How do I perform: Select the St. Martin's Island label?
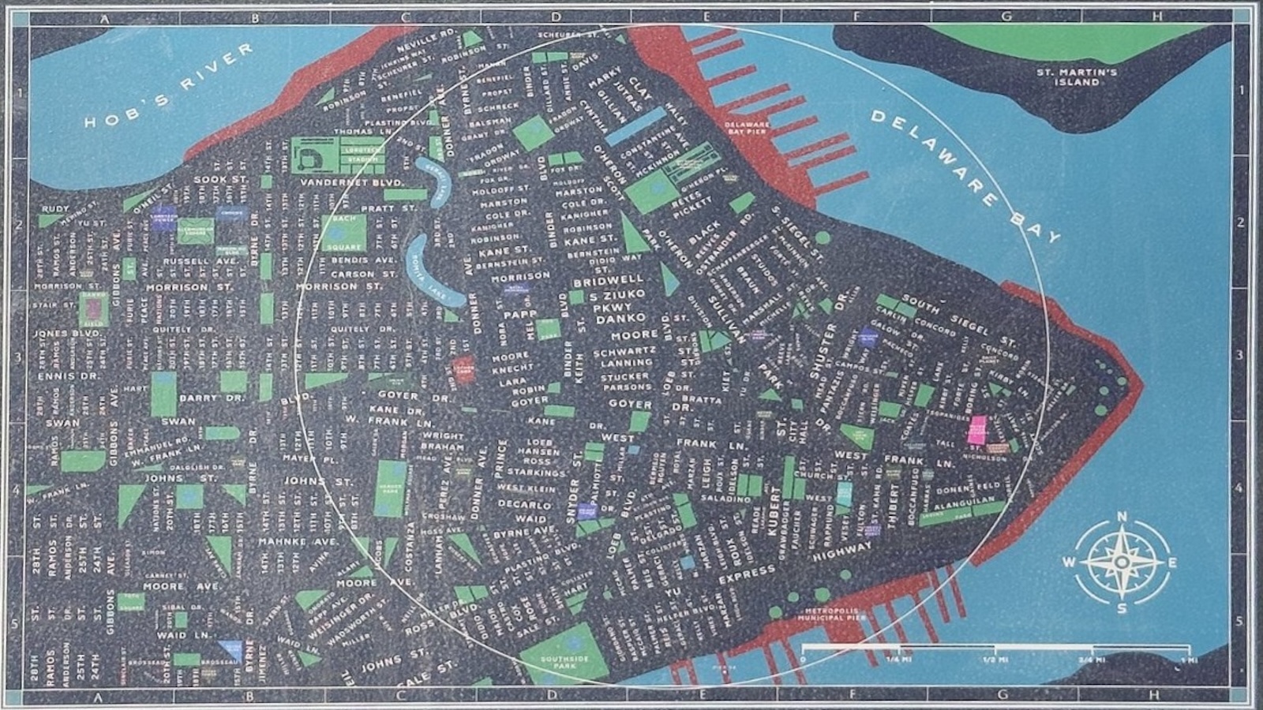click(1077, 77)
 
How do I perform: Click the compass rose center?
click(1121, 562)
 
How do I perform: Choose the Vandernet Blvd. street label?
click(347, 182)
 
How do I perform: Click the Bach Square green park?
click(344, 231)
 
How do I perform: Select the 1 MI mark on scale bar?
click(1182, 660)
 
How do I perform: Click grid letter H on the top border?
click(1156, 16)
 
